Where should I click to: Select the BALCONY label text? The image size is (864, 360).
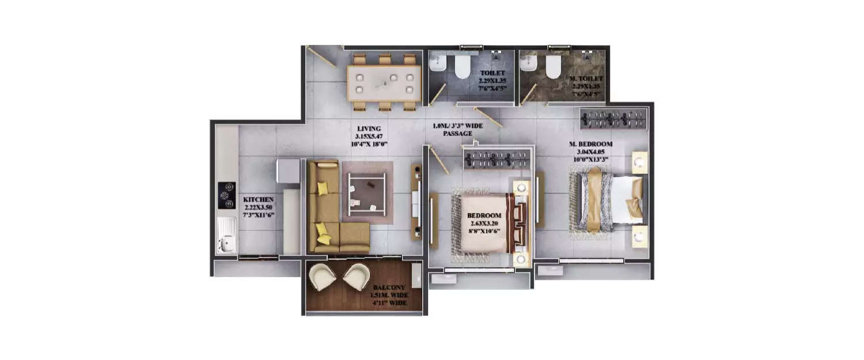[389, 287]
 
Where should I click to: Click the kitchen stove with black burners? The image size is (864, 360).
[226, 195]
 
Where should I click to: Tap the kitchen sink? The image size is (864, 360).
[226, 236]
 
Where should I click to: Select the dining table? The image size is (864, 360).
[384, 84]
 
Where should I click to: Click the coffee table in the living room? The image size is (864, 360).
[367, 192]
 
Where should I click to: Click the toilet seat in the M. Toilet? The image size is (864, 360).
[553, 67]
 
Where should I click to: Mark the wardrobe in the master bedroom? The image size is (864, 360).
[613, 119]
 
